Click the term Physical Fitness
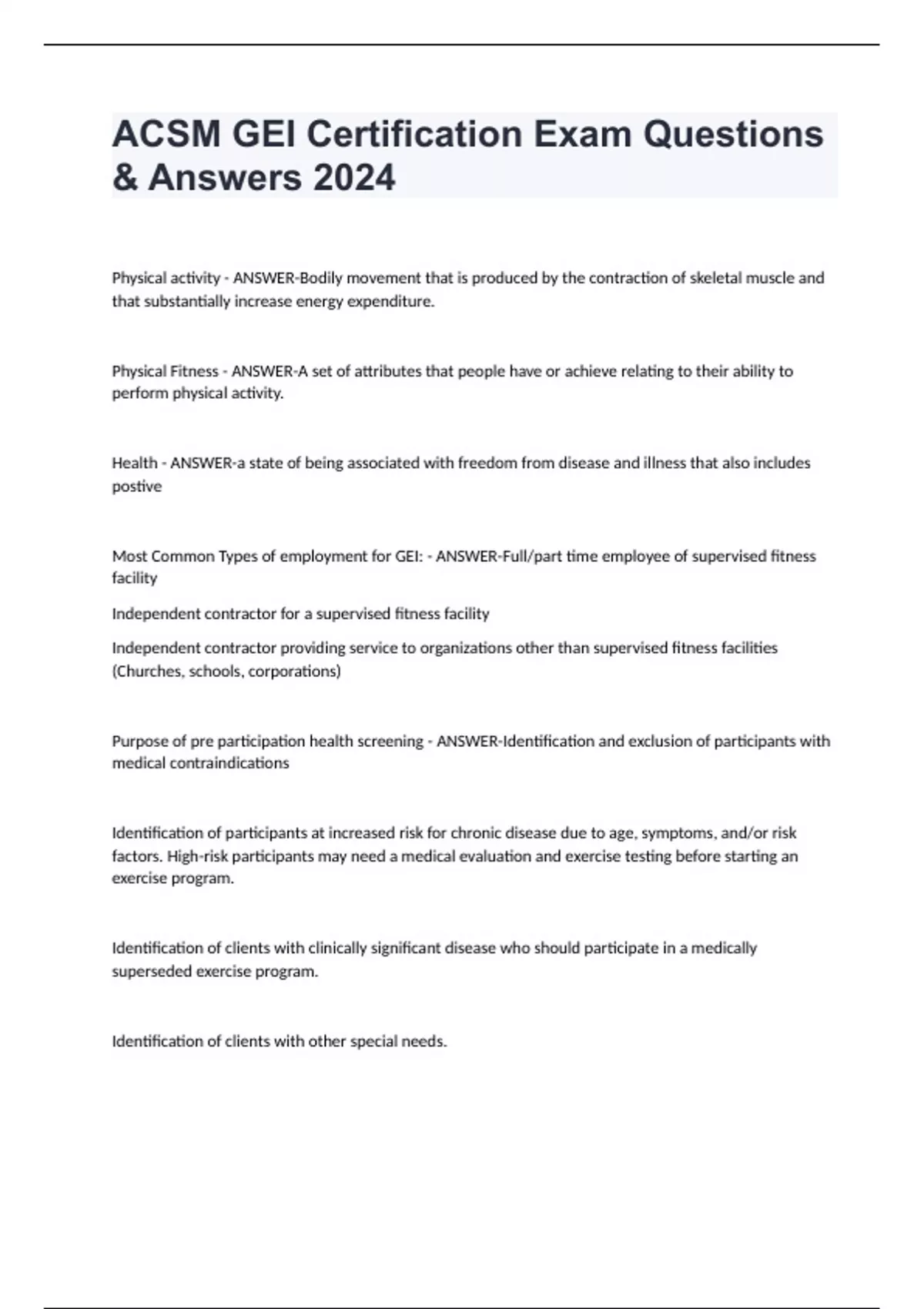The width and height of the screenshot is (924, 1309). coord(166,371)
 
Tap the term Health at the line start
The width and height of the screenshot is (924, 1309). coord(135,463)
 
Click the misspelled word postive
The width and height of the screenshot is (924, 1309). coord(137,486)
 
